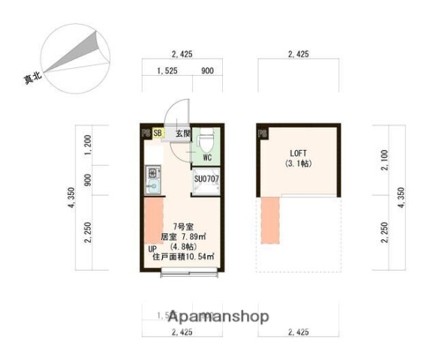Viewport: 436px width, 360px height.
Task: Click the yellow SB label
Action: click(x=158, y=133)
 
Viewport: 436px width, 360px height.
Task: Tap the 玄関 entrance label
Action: click(x=183, y=133)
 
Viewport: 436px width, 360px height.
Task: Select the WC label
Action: click(x=206, y=158)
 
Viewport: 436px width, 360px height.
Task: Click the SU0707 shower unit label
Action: click(x=206, y=179)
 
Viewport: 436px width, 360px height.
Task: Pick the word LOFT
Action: click(x=298, y=154)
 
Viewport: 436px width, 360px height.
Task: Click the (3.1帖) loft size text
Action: click(x=298, y=164)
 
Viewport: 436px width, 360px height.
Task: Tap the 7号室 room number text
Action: click(x=180, y=226)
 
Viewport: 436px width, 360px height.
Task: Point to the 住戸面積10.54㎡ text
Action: click(x=183, y=257)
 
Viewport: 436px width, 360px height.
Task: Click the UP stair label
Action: click(x=152, y=248)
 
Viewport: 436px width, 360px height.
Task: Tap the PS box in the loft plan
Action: click(x=262, y=134)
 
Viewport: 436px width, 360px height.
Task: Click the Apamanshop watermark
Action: click(x=218, y=316)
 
